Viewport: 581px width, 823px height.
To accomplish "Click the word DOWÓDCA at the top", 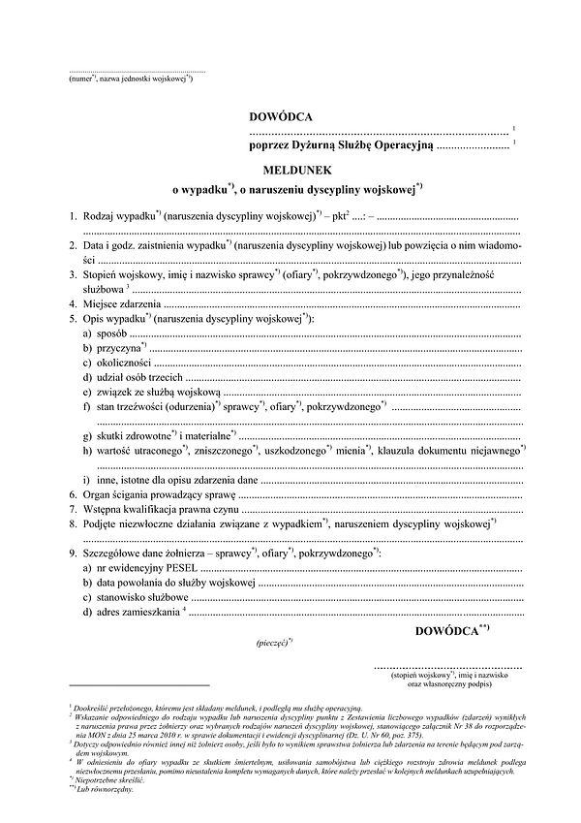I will tap(279, 116).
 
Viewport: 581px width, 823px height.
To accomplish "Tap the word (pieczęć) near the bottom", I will tap(274, 642).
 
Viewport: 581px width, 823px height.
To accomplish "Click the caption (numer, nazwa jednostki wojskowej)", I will tap(132, 80).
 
